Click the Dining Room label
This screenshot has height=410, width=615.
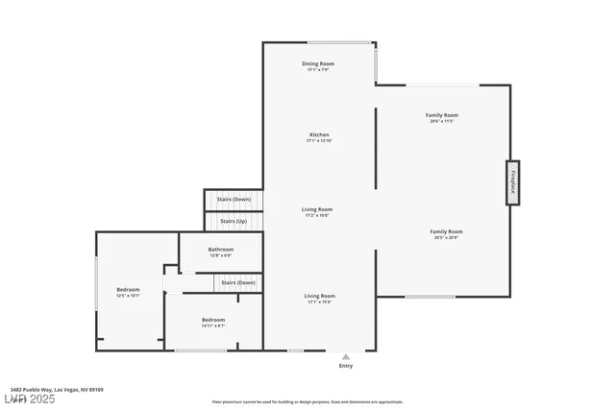pos(319,62)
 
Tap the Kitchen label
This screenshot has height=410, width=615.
pos(319,134)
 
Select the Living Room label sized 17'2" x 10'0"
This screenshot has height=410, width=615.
pos(317,209)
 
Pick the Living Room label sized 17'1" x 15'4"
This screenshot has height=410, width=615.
pos(319,296)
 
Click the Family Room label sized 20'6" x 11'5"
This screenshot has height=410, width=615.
pos(442,115)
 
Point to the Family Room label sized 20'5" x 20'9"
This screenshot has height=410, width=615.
pos(446,231)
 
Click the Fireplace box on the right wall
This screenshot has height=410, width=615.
pos(513,182)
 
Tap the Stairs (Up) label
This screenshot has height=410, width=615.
pos(234,222)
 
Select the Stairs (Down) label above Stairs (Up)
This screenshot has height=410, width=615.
pos(234,199)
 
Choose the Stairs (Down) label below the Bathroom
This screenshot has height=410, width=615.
pos(237,282)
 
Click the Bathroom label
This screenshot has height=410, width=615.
pos(220,250)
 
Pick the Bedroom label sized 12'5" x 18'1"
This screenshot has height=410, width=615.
pos(128,289)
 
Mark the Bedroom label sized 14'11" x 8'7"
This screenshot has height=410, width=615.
pos(212,320)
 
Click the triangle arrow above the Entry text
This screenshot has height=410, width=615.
pos(346,356)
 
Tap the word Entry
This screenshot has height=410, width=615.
pos(346,366)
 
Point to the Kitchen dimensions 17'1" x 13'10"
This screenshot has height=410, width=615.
pos(319,141)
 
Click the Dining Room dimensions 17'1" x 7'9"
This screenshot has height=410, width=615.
pos(319,69)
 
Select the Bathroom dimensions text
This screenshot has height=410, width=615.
pos(220,256)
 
